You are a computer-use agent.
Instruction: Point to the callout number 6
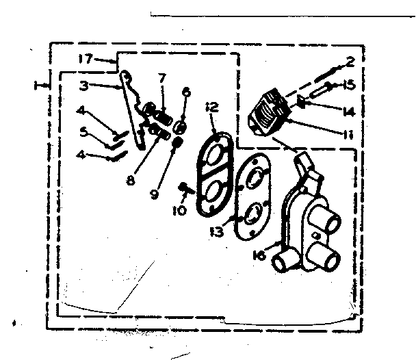[x=186, y=92]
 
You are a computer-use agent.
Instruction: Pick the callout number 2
[x=350, y=62]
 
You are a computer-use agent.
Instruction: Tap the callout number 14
[x=348, y=110]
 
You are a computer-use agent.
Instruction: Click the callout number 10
[x=179, y=211]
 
